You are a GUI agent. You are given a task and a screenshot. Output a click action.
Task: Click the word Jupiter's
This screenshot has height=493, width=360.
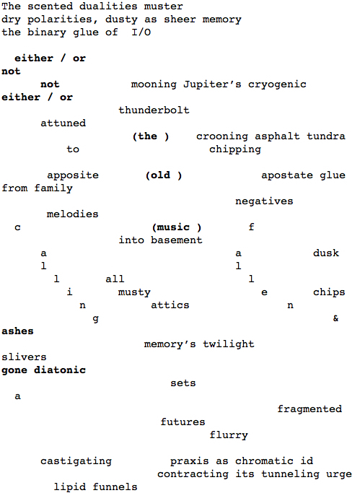click(212, 84)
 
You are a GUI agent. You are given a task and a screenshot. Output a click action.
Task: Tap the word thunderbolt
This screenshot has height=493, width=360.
click(154, 110)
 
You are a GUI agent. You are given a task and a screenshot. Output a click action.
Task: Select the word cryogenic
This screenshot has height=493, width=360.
click(277, 85)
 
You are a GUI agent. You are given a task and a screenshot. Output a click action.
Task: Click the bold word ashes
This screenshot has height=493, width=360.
click(17, 331)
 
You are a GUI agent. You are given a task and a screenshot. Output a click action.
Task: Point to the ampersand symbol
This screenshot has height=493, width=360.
click(335, 318)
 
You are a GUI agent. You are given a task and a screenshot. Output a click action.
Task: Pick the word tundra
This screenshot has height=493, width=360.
click(326, 136)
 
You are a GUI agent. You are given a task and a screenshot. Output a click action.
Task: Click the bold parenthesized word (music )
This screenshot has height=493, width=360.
click(177, 227)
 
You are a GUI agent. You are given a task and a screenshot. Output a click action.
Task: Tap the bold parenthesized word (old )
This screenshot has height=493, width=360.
click(164, 175)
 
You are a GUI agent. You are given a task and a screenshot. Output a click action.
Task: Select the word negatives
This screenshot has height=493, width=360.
click(264, 201)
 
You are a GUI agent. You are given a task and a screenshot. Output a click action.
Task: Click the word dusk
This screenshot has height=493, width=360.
click(326, 253)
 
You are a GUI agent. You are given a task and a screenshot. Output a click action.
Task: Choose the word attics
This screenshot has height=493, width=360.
click(170, 305)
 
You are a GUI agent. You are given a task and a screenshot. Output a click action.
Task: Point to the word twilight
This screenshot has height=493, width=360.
click(229, 344)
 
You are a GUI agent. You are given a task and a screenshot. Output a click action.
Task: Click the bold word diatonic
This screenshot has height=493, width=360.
click(60, 370)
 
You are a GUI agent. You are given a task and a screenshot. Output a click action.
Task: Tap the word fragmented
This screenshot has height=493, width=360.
click(309, 409)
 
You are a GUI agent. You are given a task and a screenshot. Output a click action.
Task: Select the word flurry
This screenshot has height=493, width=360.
click(229, 435)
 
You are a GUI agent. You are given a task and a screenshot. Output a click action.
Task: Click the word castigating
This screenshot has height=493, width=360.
click(76, 461)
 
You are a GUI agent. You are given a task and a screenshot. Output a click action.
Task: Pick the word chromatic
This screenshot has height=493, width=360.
click(264, 461)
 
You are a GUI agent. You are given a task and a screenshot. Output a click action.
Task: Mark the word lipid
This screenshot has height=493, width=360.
click(69, 487)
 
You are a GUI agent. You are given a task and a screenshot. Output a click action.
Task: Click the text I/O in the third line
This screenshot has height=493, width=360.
click(141, 32)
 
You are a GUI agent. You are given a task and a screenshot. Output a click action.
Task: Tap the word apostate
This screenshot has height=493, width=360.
click(287, 175)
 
